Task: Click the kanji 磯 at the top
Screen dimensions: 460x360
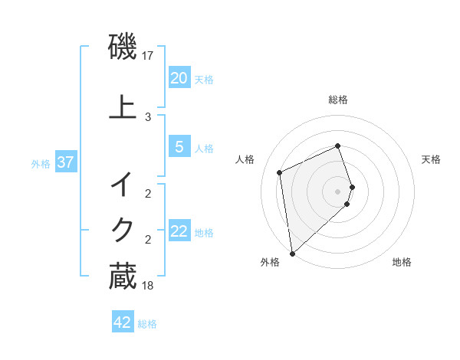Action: pyautogui.click(x=123, y=47)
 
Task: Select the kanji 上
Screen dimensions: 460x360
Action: pyautogui.click(x=123, y=107)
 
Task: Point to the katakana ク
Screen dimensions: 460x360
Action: pyautogui.click(x=123, y=228)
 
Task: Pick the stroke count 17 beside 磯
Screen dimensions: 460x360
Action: pyautogui.click(x=148, y=56)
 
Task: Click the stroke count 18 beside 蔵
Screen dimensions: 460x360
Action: pyautogui.click(x=148, y=286)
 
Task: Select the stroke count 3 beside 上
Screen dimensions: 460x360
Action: pyautogui.click(x=148, y=116)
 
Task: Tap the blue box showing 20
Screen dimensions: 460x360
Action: pyautogui.click(x=179, y=78)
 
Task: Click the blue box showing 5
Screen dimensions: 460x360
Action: pyautogui.click(x=179, y=147)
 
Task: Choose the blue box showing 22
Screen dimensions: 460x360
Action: pyautogui.click(x=179, y=231)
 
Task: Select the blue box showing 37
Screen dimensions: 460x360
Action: pyautogui.click(x=65, y=162)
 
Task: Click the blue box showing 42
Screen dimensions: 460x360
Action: pyautogui.click(x=123, y=322)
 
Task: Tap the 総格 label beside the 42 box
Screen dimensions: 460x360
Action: pyautogui.click(x=147, y=324)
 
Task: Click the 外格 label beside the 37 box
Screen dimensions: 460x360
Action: pyautogui.click(x=41, y=164)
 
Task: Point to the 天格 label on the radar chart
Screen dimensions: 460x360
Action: pyautogui.click(x=431, y=159)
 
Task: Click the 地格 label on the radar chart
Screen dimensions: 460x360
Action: pyautogui.click(x=402, y=262)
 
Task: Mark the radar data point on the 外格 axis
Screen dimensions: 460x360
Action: pyautogui.click(x=291, y=253)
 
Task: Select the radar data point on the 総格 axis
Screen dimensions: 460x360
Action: pyautogui.click(x=338, y=146)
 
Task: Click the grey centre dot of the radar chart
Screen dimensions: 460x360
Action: pyautogui.click(x=338, y=191)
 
